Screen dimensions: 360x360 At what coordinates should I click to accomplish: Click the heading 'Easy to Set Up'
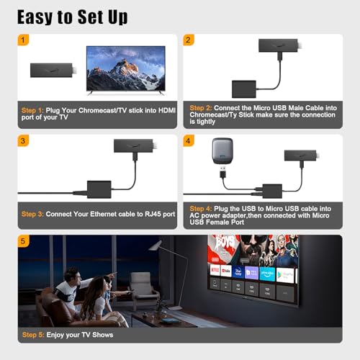pos(72,17)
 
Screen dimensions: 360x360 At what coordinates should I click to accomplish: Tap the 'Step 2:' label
pos(200,107)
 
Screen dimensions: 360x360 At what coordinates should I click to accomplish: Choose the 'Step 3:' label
pos(33,214)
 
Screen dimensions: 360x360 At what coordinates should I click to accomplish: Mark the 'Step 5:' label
pos(33,335)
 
